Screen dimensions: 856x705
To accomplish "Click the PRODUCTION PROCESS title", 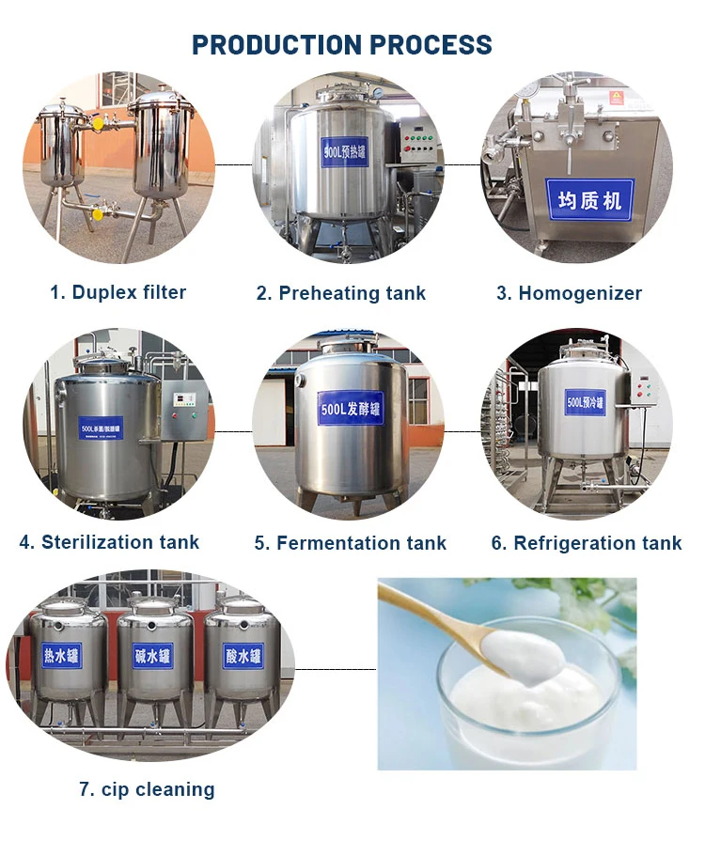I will click(x=342, y=44).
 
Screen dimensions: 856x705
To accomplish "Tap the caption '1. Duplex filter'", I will click(x=117, y=292).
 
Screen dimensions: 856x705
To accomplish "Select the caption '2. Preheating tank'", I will click(x=341, y=293).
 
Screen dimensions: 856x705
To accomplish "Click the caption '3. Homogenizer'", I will click(x=569, y=293).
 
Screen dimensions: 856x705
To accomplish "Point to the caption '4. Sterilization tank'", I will click(x=109, y=542).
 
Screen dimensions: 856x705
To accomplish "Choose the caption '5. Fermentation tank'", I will click(x=350, y=543).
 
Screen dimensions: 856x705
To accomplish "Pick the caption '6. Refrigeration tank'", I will click(x=587, y=543).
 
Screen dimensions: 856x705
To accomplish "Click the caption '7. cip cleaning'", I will click(x=147, y=789).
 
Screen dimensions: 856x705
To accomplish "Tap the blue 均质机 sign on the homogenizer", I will click(x=589, y=198).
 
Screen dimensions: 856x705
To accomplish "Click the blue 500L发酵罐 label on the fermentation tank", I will click(x=350, y=408).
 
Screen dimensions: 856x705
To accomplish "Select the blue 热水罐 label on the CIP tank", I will click(x=62, y=655).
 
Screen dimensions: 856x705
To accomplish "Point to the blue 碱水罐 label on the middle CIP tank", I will click(x=153, y=655).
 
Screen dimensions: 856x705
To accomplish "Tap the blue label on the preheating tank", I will click(x=344, y=151).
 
